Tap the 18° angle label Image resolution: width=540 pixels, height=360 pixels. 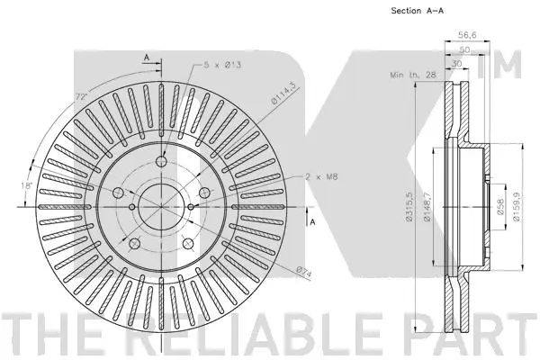coord(31,185)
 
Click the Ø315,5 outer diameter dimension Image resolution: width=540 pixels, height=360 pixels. coord(409,208)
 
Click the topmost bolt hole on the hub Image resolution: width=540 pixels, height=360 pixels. coord(161,162)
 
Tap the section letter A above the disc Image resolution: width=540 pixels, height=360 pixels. coord(146,57)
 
